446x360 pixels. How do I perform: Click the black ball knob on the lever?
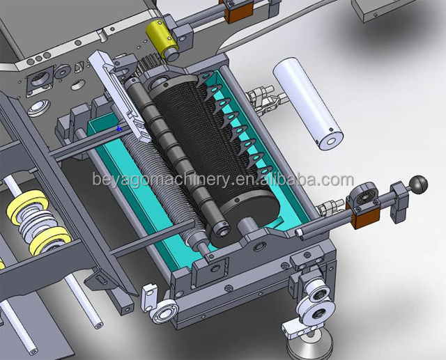click(420, 185)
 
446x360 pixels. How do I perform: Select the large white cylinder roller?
click(308, 103)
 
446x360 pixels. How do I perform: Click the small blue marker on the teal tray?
click(119, 129)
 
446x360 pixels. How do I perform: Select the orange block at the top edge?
click(240, 11)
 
